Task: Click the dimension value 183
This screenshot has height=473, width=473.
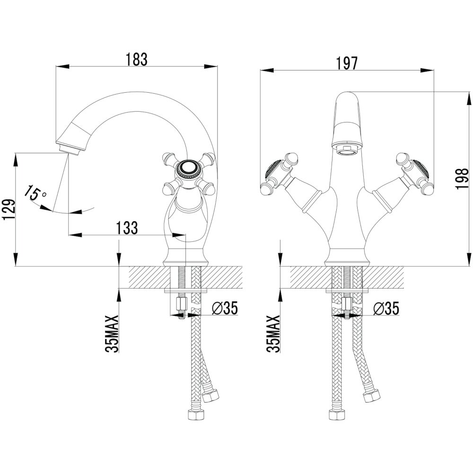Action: [137, 59]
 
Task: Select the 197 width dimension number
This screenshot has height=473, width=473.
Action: [347, 63]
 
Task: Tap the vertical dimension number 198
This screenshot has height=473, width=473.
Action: [462, 179]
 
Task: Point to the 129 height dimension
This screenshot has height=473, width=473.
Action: [8, 210]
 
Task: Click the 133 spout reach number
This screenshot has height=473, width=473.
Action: [127, 228]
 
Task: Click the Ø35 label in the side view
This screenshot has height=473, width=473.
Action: [225, 308]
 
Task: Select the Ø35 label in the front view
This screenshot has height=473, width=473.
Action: [386, 308]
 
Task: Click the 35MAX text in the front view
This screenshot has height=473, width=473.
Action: [273, 334]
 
